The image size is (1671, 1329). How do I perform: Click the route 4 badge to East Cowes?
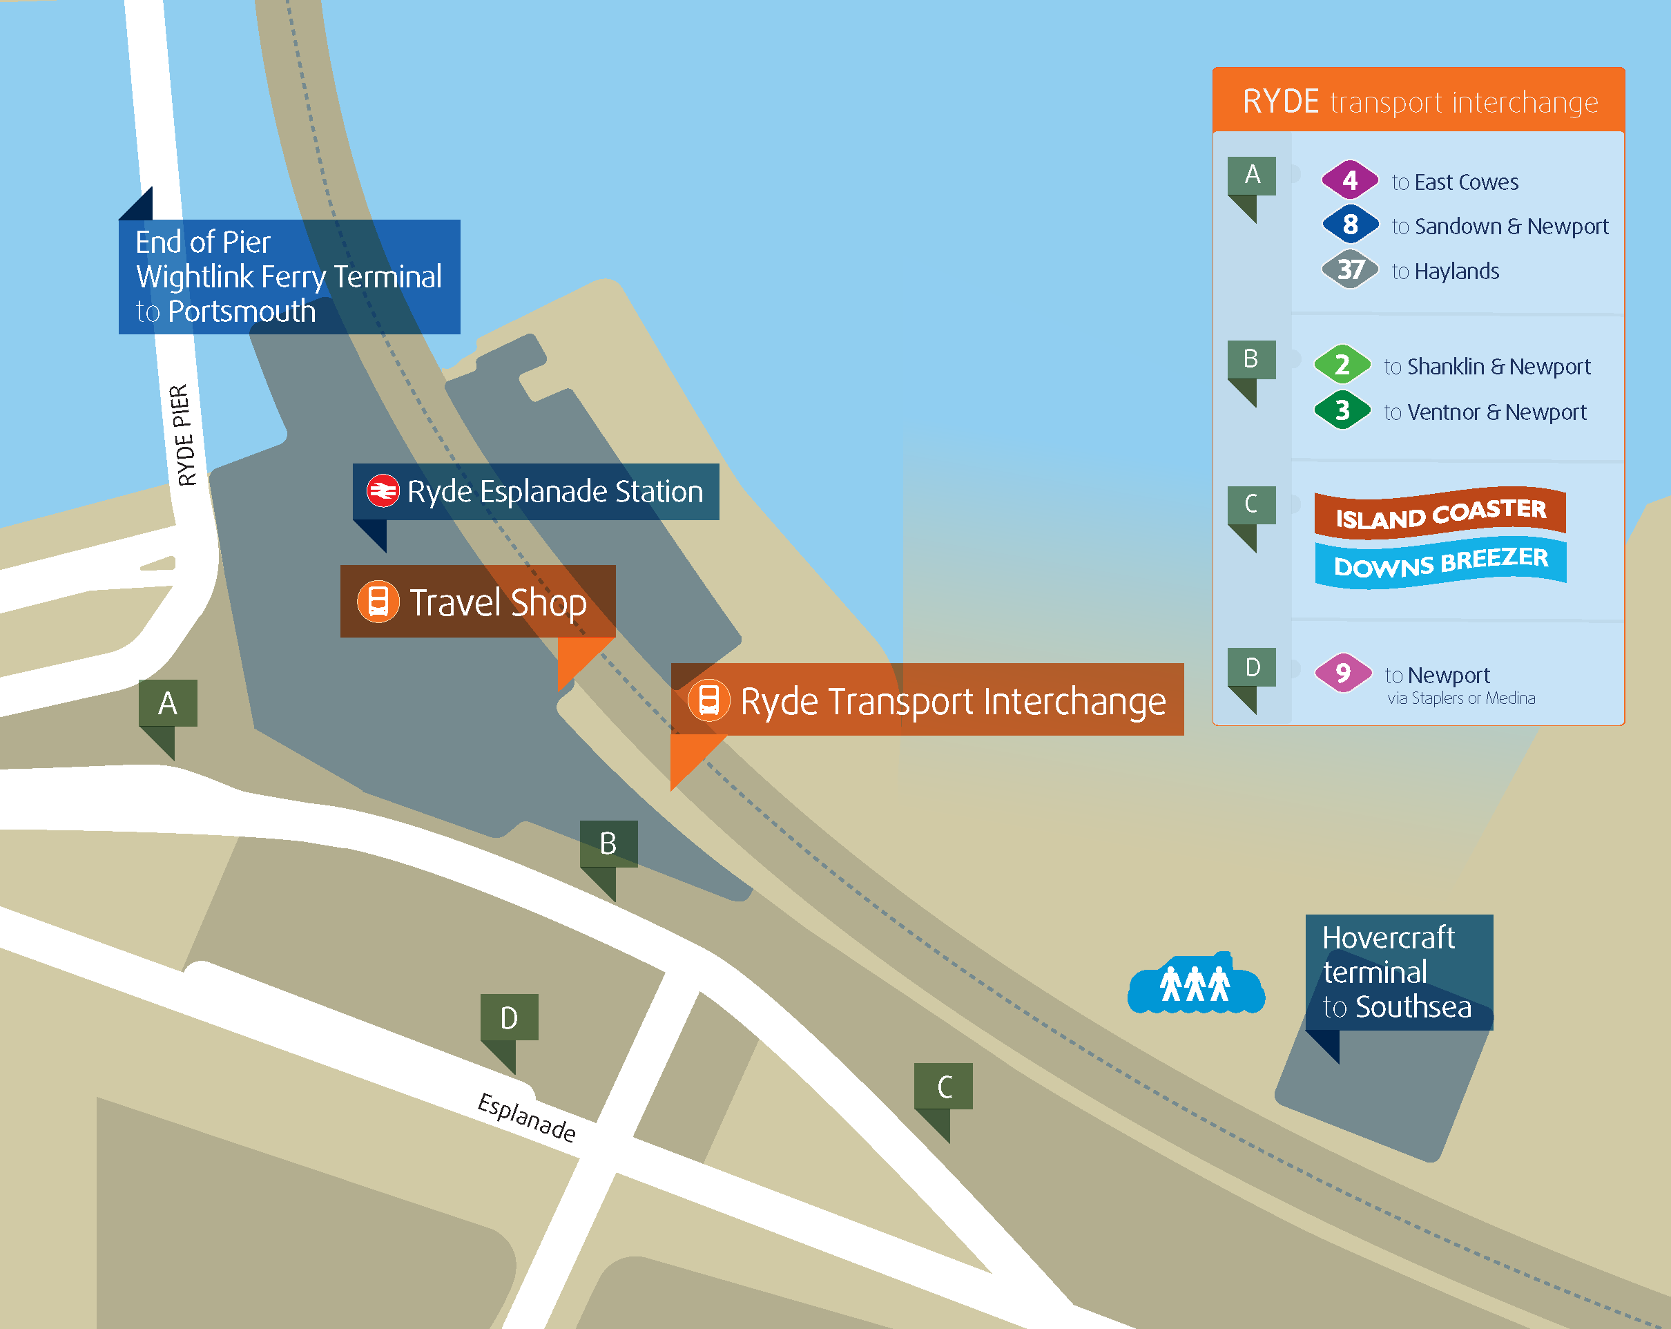(1349, 181)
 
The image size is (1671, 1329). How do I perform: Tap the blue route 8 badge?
(1349, 225)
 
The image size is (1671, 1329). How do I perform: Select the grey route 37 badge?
(1349, 270)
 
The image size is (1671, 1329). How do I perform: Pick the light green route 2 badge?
(1342, 365)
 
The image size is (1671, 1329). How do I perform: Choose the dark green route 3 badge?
(1342, 410)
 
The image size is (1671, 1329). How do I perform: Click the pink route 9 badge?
(1342, 673)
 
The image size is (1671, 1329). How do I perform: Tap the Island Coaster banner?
(1440, 513)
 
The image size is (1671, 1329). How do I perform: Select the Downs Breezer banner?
(1440, 562)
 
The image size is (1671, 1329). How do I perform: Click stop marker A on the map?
(167, 704)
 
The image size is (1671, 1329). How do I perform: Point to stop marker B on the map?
(608, 844)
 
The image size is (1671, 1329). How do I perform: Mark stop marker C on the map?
(943, 1087)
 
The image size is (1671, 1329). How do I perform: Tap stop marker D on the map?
(509, 1018)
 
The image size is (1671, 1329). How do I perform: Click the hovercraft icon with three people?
(1196, 985)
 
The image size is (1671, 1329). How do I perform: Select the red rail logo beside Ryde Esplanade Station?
(383, 491)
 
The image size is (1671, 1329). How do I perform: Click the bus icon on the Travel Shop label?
(378, 602)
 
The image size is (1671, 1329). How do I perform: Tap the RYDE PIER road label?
(183, 435)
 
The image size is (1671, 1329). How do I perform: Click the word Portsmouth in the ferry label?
(242, 312)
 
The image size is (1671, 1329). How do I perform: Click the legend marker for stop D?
(1252, 669)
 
